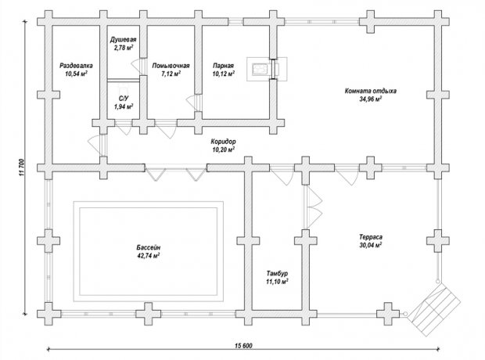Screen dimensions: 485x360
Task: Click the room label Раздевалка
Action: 76,66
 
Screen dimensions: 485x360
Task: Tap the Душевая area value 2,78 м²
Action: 124,48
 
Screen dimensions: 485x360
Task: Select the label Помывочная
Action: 171,66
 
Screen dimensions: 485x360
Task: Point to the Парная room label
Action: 223,66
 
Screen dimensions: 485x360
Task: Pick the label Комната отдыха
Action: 371,91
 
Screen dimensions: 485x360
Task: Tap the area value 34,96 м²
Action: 371,99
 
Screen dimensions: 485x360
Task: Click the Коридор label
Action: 223,142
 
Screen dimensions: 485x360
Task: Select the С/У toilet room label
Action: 124,99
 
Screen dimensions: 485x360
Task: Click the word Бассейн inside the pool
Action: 149,247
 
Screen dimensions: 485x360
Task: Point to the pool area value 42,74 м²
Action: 149,256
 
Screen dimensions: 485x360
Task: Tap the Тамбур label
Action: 277,274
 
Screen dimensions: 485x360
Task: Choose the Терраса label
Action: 371,237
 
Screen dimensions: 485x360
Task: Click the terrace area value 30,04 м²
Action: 371,245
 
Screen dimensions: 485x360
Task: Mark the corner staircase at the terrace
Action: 433,310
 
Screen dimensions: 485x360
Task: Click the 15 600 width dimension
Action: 243,346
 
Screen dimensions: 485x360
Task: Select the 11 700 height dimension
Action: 22,167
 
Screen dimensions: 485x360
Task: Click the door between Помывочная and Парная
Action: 194,103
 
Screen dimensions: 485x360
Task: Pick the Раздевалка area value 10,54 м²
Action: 76,74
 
